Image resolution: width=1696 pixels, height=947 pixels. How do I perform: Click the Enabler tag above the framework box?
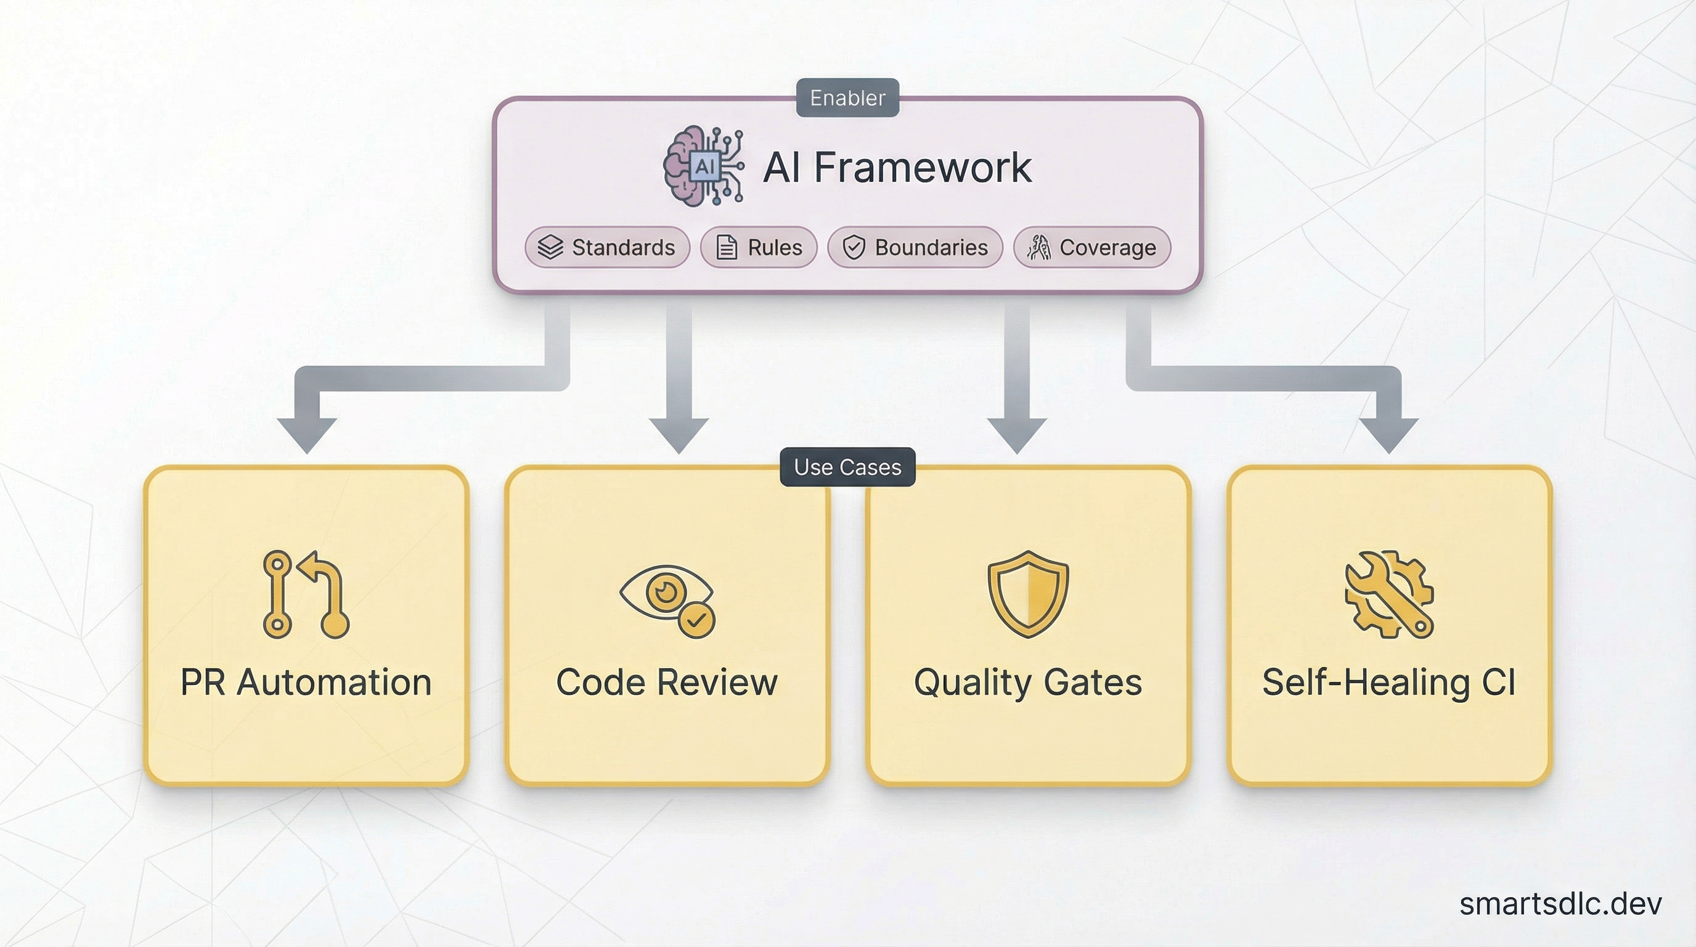click(847, 98)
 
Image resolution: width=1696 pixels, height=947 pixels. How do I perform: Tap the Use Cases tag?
click(847, 467)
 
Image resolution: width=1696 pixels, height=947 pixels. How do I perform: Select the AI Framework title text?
click(897, 167)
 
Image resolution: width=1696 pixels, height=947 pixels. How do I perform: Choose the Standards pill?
click(607, 248)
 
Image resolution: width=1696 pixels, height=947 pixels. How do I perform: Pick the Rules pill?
click(759, 248)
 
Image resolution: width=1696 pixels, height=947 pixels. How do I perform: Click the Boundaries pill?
click(915, 248)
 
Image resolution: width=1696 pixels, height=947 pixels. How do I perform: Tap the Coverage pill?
click(1091, 248)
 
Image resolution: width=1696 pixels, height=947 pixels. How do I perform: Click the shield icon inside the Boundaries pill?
click(854, 248)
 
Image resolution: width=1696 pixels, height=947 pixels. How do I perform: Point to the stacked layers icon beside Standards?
click(550, 248)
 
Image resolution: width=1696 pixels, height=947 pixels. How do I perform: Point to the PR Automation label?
click(306, 683)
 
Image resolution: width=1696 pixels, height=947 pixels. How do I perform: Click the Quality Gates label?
click(1028, 683)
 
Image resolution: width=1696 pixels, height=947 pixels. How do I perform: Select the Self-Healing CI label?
click(1388, 683)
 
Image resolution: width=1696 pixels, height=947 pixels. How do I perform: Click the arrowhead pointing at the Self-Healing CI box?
click(1388, 435)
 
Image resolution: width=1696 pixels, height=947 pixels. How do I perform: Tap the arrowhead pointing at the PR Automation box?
click(307, 435)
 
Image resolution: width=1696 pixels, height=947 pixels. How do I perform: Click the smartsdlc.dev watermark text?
click(1560, 904)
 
